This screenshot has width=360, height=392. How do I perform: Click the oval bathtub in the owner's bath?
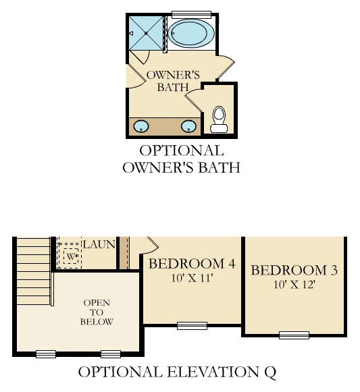click(191, 33)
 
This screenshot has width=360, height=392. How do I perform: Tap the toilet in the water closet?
click(219, 119)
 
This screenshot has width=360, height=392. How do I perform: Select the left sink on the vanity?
click(141, 126)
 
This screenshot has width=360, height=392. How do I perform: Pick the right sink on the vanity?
click(188, 126)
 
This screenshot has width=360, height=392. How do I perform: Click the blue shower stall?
click(146, 33)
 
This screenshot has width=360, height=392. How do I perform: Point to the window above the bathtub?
click(192, 14)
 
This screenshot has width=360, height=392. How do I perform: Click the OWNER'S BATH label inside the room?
click(173, 81)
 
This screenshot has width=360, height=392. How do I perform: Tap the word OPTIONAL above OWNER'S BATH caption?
click(181, 150)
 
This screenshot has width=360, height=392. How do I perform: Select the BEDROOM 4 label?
click(192, 264)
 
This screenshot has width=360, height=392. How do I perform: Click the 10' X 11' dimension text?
click(192, 278)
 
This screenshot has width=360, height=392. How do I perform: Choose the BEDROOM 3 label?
click(294, 271)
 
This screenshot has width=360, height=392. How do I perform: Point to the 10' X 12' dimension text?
click(294, 285)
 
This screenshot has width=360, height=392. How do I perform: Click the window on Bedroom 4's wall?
click(192, 326)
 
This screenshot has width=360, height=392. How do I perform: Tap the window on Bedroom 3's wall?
click(294, 335)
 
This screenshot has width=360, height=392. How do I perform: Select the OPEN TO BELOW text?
click(97, 312)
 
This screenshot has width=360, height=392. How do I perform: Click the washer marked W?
click(71, 256)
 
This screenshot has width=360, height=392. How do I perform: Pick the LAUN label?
click(99, 244)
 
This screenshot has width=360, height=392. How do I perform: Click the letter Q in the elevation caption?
click(270, 372)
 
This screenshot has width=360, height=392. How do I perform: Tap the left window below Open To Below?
click(46, 354)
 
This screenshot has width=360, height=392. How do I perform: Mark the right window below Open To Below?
click(111, 354)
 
